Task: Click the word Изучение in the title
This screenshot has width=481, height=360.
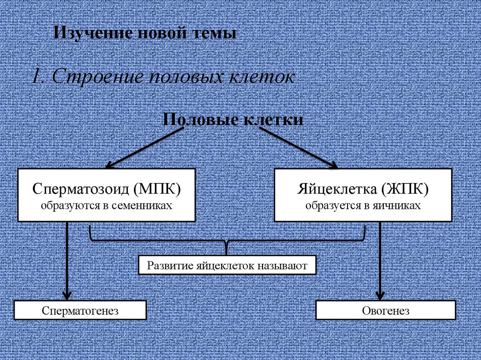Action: point(87,33)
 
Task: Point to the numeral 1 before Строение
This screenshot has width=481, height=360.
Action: point(36,76)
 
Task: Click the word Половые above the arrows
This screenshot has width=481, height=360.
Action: point(199,119)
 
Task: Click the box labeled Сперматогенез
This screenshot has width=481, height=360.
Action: point(80,311)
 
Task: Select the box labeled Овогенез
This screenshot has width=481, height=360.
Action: point(386,311)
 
